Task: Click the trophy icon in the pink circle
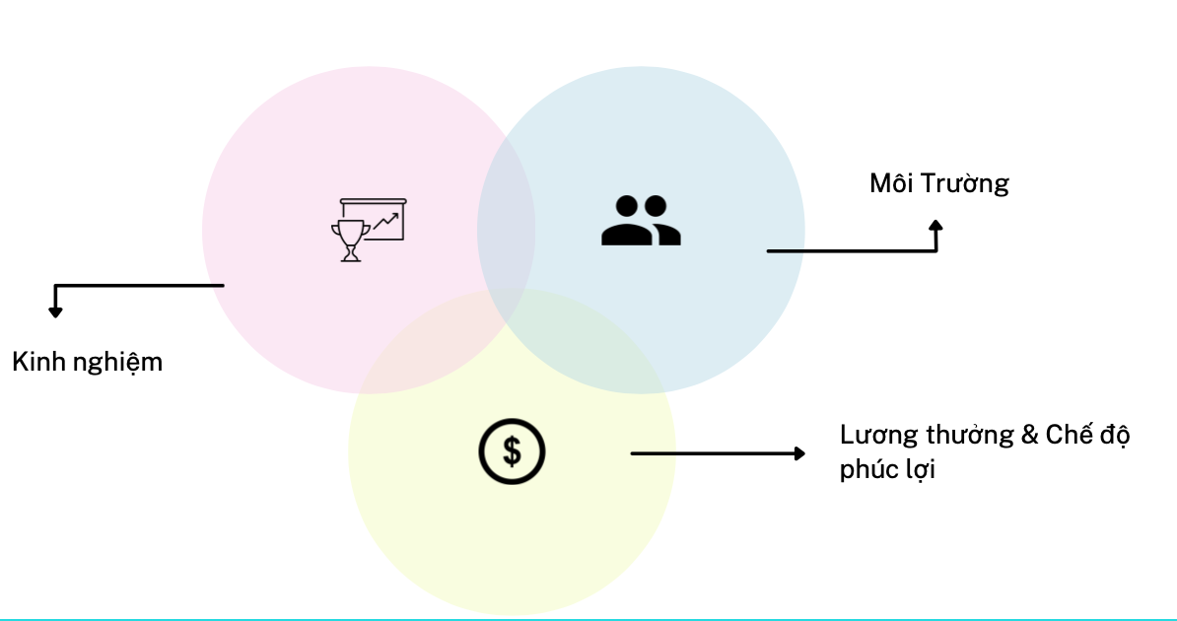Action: pyautogui.click(x=349, y=241)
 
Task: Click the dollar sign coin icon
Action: pyautogui.click(x=512, y=451)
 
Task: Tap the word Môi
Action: pyautogui.click(x=891, y=183)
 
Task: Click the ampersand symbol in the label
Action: pyautogui.click(x=1030, y=435)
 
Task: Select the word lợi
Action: pyautogui.click(x=919, y=470)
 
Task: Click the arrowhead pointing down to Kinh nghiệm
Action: pyautogui.click(x=55, y=311)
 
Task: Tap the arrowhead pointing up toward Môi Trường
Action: pyautogui.click(x=935, y=227)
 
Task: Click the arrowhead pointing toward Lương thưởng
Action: pyautogui.click(x=798, y=453)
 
